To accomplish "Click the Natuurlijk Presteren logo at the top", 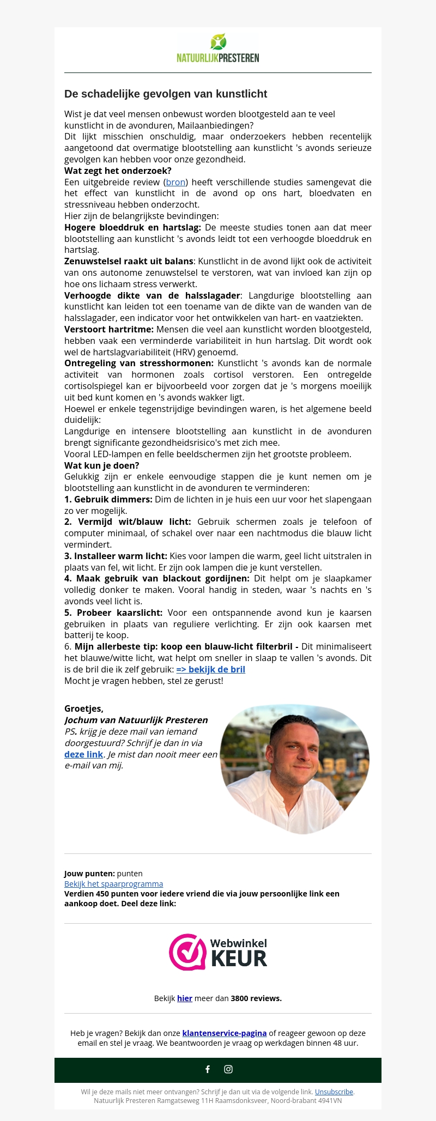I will (218, 49).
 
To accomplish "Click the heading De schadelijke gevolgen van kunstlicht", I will (166, 94).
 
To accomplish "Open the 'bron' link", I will (175, 182).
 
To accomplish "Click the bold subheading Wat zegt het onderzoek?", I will (118, 171).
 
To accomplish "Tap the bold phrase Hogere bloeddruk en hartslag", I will (132, 227).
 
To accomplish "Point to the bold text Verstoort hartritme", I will (108, 329).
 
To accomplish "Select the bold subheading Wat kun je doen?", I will (101, 465).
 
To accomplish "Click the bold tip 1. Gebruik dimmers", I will (108, 499).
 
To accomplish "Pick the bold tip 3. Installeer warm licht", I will (116, 556).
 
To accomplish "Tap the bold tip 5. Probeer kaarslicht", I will (113, 613).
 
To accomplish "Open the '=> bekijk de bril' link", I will (210, 669).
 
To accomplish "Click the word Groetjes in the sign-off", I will (83, 708).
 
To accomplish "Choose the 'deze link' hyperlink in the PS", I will (83, 754).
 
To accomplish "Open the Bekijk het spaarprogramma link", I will (113, 883).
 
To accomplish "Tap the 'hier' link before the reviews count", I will (184, 998).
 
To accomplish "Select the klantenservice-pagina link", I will (224, 1033).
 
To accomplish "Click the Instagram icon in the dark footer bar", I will (228, 1069).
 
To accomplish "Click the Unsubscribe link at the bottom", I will (334, 1092).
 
